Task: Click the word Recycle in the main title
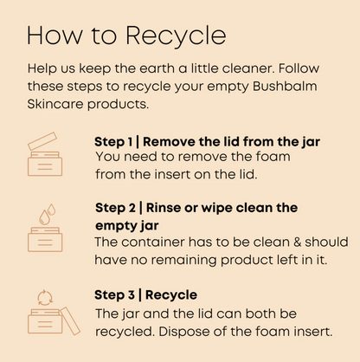(x=176, y=36)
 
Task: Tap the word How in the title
(x=55, y=36)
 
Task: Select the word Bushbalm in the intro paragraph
(x=285, y=86)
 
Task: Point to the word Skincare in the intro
(x=55, y=104)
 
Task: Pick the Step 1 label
(x=113, y=142)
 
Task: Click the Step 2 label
(x=115, y=208)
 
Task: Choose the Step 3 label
(x=114, y=295)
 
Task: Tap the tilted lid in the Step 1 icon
(x=42, y=141)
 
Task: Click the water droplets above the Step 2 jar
(x=48, y=214)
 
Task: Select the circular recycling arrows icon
(x=45, y=298)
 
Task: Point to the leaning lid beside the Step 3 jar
(x=70, y=320)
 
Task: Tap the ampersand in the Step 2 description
(x=297, y=242)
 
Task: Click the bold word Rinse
(x=164, y=208)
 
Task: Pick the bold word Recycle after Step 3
(x=171, y=295)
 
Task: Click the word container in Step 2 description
(x=153, y=242)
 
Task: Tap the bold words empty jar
(x=127, y=226)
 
